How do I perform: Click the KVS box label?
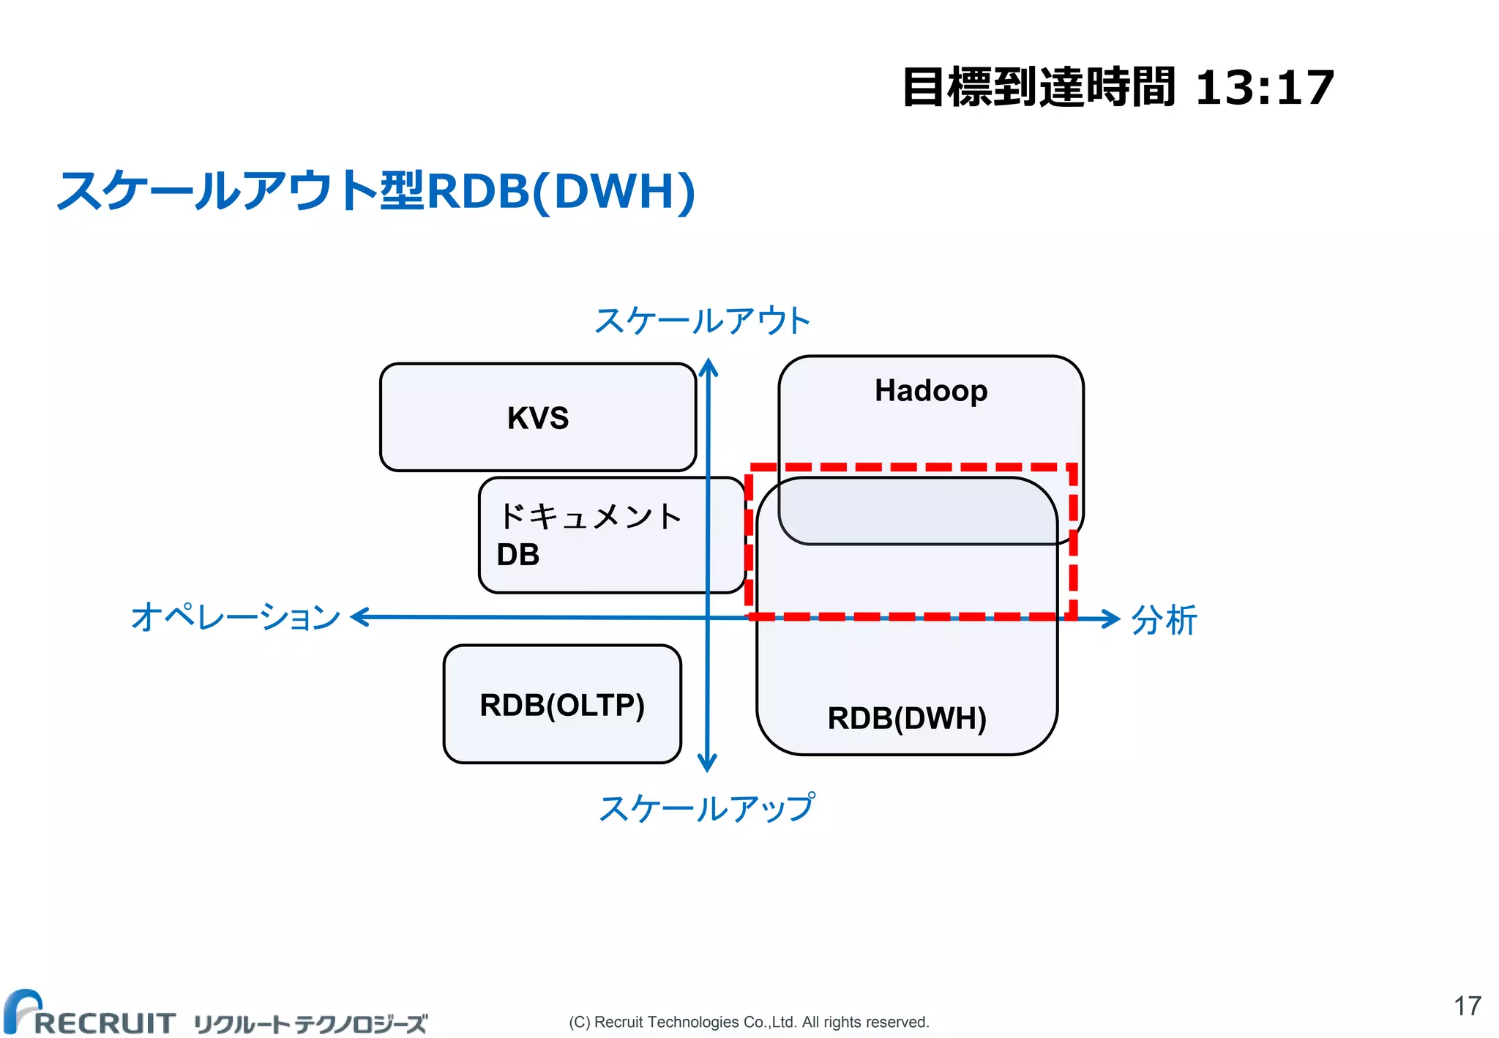[x=537, y=418]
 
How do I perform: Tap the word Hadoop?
[x=930, y=391]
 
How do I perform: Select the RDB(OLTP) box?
[x=561, y=705]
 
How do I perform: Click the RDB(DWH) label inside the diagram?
[x=906, y=718]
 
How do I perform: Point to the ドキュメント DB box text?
[x=589, y=535]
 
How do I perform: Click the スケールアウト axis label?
[x=702, y=321]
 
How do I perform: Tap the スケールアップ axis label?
[x=706, y=808]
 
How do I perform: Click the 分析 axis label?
[x=1164, y=620]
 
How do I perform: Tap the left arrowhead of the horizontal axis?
[x=359, y=617]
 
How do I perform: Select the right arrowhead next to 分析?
[x=1113, y=619]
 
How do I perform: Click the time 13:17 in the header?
[x=1264, y=88]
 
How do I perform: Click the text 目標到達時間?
[x=1039, y=88]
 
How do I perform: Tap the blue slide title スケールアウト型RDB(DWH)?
[x=376, y=191]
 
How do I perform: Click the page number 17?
[x=1467, y=1006]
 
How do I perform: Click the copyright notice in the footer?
[x=749, y=1022]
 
